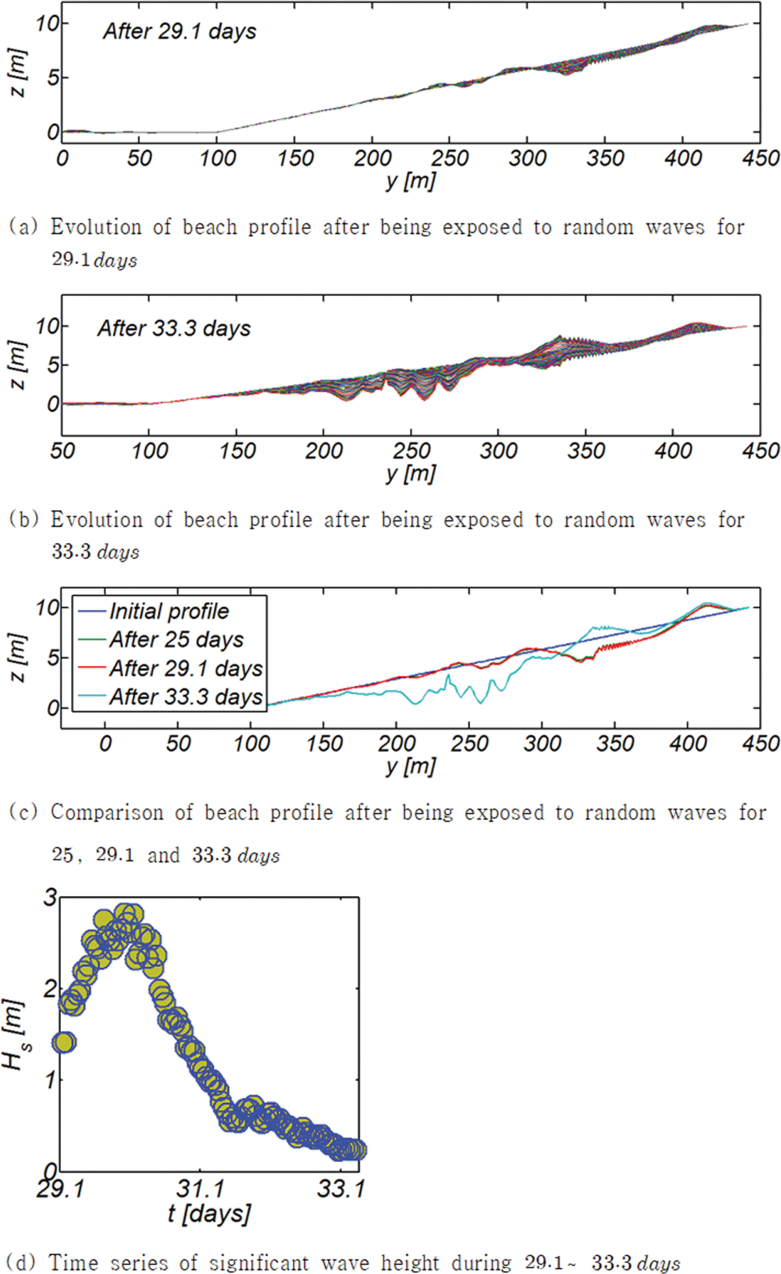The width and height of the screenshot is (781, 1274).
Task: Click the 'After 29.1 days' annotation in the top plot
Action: [180, 32]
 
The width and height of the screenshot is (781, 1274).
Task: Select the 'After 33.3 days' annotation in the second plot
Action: [174, 329]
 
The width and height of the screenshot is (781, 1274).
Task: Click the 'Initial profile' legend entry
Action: [169, 612]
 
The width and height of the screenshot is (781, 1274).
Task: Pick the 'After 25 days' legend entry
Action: [176, 640]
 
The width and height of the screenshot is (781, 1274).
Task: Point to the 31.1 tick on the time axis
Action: [200, 1189]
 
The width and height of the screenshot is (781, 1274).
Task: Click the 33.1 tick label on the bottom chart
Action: [341, 1189]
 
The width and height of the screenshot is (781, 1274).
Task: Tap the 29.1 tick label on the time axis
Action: [60, 1189]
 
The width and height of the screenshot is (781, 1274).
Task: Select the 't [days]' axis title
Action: [209, 1214]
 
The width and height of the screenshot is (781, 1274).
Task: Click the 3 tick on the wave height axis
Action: [50, 898]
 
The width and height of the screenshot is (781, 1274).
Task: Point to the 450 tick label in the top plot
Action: [760, 158]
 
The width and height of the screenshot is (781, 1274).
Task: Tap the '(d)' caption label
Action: [23, 1262]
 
